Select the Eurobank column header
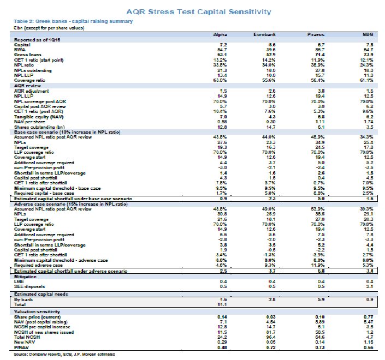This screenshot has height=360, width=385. tap(264, 34)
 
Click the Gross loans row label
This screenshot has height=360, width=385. tap(27, 55)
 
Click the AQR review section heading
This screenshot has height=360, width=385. tap(27, 85)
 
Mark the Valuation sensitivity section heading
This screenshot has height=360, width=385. tap(35, 311)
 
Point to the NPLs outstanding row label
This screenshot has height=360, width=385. tap(34, 70)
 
